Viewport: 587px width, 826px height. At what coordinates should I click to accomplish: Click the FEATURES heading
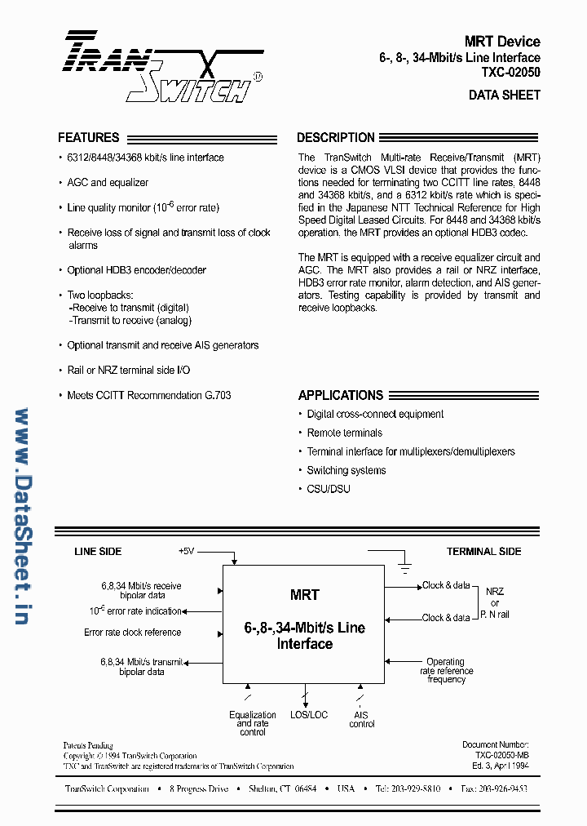tap(88, 138)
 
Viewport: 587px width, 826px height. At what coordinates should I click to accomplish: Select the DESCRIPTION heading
tap(335, 138)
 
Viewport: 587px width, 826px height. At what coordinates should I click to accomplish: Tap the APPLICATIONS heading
tap(340, 395)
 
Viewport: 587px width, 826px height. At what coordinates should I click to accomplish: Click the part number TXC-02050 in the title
tap(510, 72)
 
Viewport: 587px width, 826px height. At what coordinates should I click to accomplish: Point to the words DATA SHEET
tap(504, 95)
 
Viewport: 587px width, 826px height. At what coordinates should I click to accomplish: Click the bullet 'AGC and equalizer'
tap(108, 183)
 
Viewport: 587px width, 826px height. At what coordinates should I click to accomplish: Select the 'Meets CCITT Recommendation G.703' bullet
tap(148, 395)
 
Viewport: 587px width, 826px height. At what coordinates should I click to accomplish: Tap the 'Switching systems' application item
tap(346, 470)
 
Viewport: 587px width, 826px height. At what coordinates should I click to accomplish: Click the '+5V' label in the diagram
tap(187, 551)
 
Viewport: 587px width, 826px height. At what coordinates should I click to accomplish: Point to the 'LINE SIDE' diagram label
tap(98, 552)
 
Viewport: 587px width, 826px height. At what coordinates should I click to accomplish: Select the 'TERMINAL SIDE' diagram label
tap(483, 552)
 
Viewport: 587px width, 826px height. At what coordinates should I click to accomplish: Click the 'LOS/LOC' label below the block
tap(309, 715)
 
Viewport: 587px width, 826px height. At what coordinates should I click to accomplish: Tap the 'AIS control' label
tap(362, 719)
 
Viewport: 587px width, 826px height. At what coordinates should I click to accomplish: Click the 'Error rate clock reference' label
tap(133, 633)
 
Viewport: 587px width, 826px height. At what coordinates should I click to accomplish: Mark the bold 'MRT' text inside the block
tap(305, 595)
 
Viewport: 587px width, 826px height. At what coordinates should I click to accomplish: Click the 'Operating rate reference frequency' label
tap(446, 670)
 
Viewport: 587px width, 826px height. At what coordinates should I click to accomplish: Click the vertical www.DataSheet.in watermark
tap(21, 516)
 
